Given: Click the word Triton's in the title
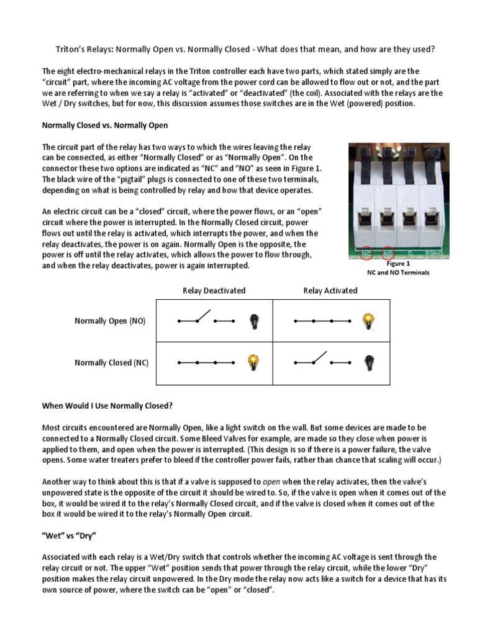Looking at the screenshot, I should [66, 50].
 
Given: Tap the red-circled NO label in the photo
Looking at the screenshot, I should [388, 254].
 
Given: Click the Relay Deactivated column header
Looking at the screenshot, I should [214, 291].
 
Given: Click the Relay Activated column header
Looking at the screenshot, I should [330, 291].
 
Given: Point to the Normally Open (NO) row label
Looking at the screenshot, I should [110, 321].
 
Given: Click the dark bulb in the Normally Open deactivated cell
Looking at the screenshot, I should [253, 321].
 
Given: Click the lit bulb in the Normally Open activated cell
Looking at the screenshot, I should [369, 321].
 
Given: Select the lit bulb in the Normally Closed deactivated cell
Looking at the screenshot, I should [253, 362].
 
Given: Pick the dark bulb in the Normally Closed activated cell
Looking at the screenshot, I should [369, 362].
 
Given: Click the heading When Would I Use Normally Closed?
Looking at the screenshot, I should [106, 405].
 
